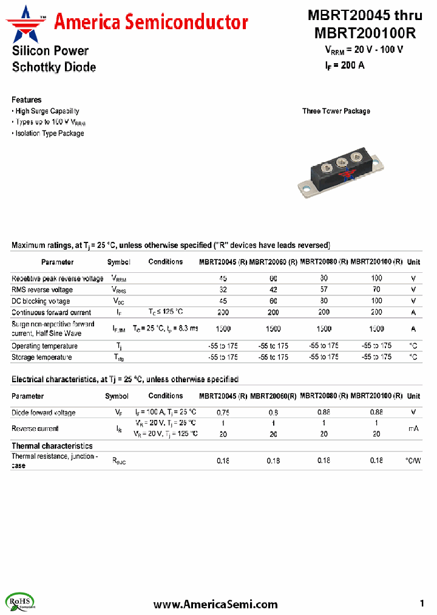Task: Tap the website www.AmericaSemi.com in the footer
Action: (x=215, y=604)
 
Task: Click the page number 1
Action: (x=422, y=603)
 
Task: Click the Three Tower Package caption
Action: (x=336, y=111)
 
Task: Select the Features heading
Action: (x=27, y=100)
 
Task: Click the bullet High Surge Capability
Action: (x=47, y=111)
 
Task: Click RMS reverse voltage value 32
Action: (x=223, y=290)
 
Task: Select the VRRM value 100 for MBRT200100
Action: (x=376, y=278)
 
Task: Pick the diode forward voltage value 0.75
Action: (x=223, y=413)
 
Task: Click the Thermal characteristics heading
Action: (x=52, y=446)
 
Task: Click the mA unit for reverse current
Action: (x=413, y=428)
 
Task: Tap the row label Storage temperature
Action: (x=42, y=357)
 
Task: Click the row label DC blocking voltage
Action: (x=41, y=301)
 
